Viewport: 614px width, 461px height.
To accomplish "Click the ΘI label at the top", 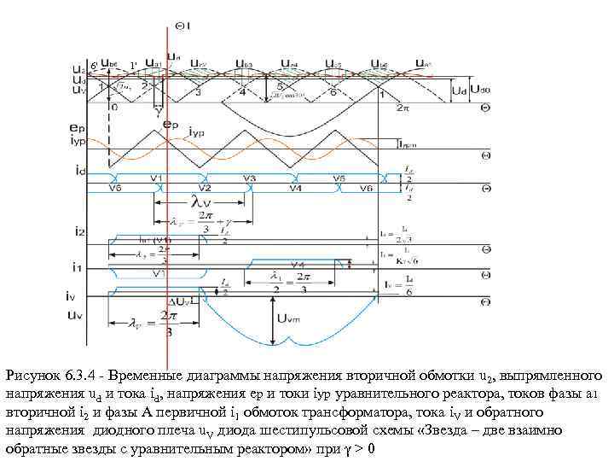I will (x=182, y=26).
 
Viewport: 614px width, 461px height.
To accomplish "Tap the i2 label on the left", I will (x=78, y=230).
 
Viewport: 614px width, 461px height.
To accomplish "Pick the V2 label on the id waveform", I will (x=205, y=188).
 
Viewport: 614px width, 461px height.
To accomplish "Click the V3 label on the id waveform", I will (x=249, y=178).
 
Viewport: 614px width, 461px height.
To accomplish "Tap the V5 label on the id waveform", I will (x=339, y=178).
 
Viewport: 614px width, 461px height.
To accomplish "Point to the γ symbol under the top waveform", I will (x=157, y=110).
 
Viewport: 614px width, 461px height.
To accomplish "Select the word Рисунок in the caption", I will (x=32, y=376).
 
